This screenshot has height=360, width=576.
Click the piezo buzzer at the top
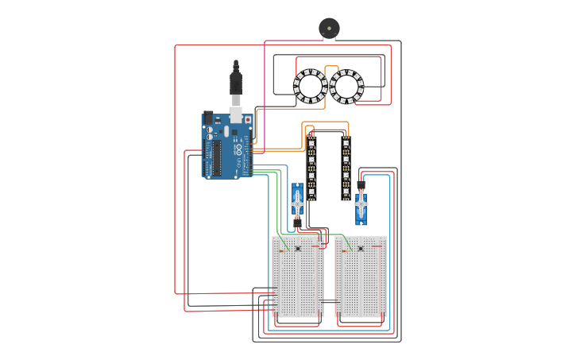click(328, 28)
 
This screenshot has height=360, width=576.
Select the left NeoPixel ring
click(310, 86)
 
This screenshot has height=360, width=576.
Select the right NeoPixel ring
click(346, 86)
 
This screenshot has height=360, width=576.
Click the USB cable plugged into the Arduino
click(236, 87)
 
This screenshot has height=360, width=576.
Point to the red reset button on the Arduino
click(248, 119)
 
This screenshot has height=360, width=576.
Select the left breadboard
click(298, 277)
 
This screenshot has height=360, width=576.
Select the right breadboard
click(361, 277)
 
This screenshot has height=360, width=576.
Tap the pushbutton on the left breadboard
click(298, 249)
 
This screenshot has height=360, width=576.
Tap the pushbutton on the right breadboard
click(361, 249)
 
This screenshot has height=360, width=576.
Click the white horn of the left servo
click(297, 204)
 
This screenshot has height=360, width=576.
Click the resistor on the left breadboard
click(282, 251)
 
